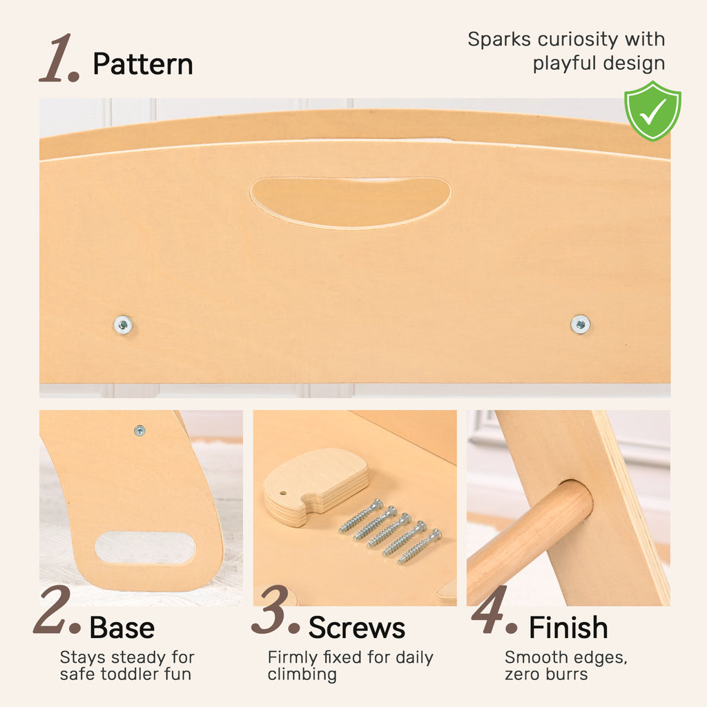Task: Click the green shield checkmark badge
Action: coord(652,111)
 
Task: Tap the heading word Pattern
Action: coord(142,64)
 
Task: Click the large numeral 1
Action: coord(58,58)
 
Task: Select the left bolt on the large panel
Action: coord(123,325)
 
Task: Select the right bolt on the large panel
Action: coord(580,325)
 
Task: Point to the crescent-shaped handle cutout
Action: coord(350,202)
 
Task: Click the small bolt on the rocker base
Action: coord(139,431)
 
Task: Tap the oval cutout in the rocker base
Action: coord(145,548)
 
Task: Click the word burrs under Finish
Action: coord(566,675)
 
